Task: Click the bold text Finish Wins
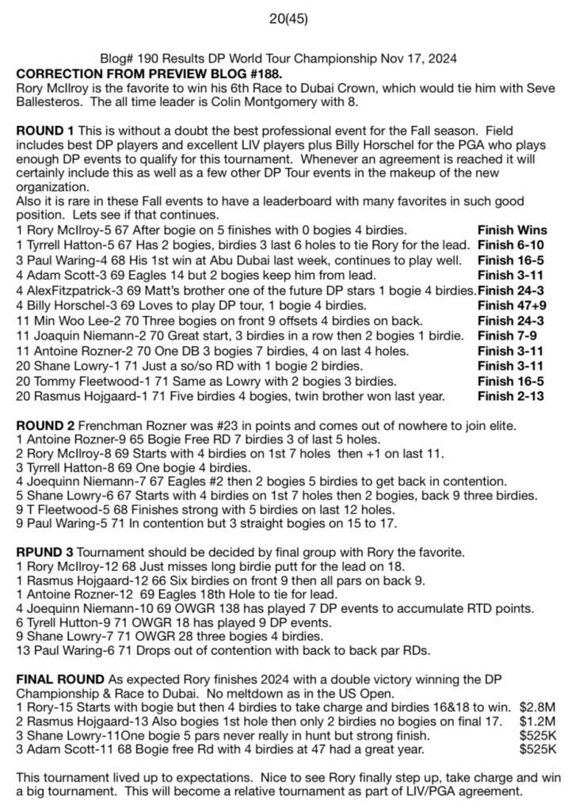click(x=511, y=229)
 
